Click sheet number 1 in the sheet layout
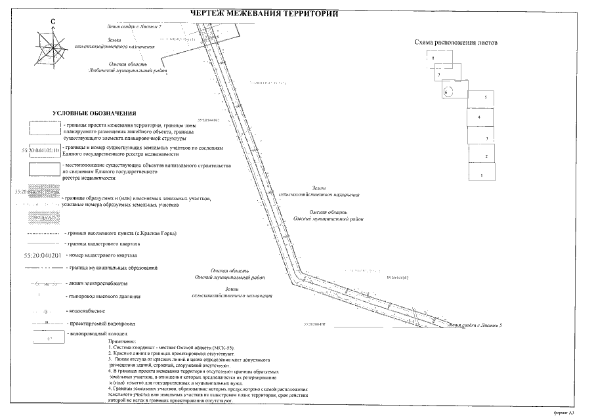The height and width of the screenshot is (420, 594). pos(481,175)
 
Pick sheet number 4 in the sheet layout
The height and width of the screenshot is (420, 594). pos(479,117)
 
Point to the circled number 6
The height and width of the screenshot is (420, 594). pos(447,92)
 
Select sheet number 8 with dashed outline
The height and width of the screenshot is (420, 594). pos(433,59)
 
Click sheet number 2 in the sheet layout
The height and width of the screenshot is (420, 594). pos(485,156)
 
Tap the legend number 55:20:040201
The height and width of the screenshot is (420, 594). pos(41,255)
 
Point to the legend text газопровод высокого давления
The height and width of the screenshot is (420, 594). pos(105,297)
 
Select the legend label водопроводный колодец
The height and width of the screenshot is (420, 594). pos(102,334)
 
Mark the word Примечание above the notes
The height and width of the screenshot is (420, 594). pos(123,342)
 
